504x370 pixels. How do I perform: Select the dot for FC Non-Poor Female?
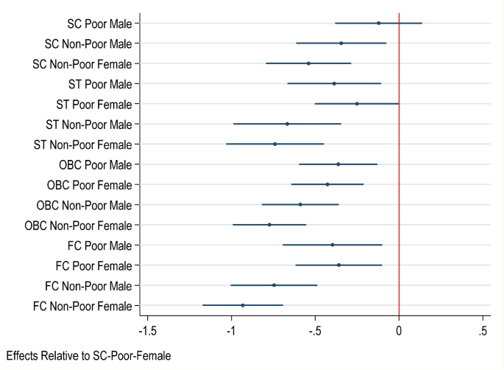click(243, 305)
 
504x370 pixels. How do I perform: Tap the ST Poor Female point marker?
click(357, 104)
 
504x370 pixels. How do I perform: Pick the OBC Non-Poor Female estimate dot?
click(269, 225)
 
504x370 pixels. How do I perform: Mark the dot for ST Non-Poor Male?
click(287, 124)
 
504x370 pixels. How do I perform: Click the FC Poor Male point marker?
click(333, 245)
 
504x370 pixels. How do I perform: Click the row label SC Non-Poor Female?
click(82, 64)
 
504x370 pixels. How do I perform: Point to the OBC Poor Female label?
click(89, 184)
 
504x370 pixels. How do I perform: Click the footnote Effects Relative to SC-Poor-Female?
click(88, 356)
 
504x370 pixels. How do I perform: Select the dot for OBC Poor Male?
click(338, 164)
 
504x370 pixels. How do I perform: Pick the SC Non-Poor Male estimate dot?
click(341, 43)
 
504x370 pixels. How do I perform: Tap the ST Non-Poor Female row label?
click(83, 144)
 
